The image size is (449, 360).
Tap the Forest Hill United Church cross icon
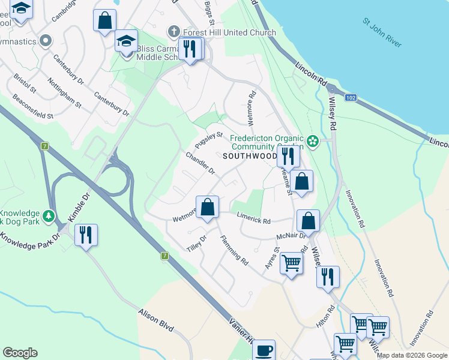pos(174,31)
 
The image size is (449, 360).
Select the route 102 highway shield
pos(351,98)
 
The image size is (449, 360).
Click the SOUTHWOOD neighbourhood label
pos(250,156)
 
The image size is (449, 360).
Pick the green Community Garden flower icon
pos(312,142)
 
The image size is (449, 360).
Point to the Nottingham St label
pos(64,93)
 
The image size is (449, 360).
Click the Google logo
pos(20,353)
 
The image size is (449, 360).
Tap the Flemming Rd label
pos(234,250)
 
